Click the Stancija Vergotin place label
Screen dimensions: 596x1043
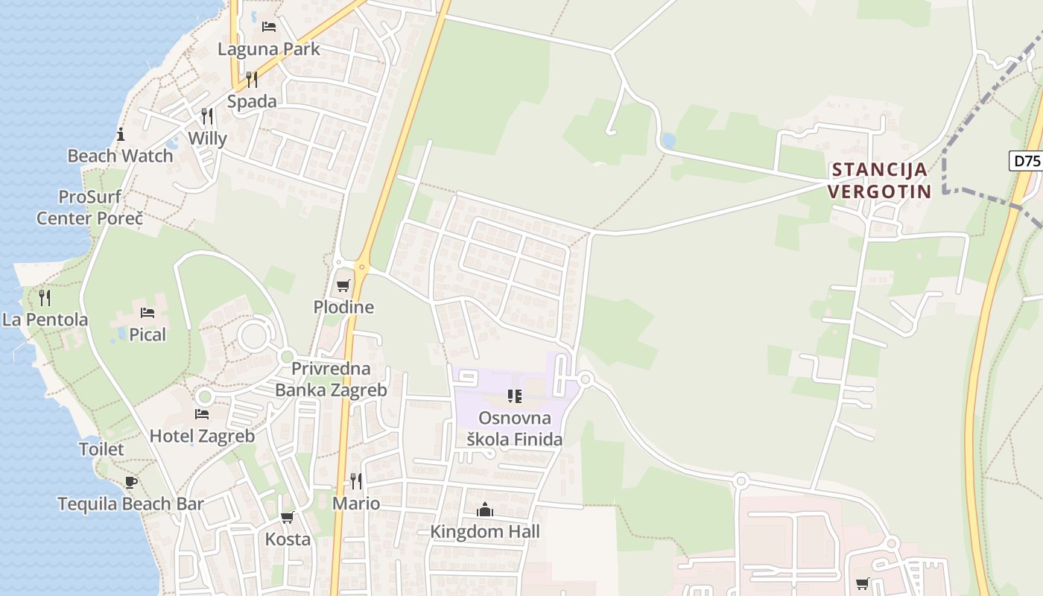pos(879,180)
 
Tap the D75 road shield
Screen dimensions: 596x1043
pos(1026,161)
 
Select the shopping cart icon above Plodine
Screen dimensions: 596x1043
pos(343,286)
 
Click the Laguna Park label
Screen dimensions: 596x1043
pos(268,49)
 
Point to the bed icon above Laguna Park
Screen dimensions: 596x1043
pos(269,27)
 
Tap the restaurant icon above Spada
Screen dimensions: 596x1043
pos(252,80)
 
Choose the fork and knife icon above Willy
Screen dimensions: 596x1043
pos(207,116)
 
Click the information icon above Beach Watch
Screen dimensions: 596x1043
pos(121,135)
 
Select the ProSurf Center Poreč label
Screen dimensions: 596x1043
pos(89,208)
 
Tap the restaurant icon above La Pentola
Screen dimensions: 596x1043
pos(45,299)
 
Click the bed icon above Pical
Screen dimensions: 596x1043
pos(148,313)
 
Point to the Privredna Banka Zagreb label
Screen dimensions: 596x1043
pos(331,379)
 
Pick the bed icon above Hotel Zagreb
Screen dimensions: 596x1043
pos(202,414)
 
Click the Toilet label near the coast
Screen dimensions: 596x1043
pos(101,449)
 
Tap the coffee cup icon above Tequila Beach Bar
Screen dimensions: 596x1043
pos(131,482)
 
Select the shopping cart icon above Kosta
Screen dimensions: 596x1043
pos(288,517)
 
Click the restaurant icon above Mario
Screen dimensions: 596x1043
pos(356,481)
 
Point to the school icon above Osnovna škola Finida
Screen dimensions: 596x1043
pos(514,396)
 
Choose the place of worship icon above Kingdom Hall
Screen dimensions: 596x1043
pos(485,510)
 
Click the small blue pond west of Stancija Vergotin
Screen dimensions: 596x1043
pos(668,140)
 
